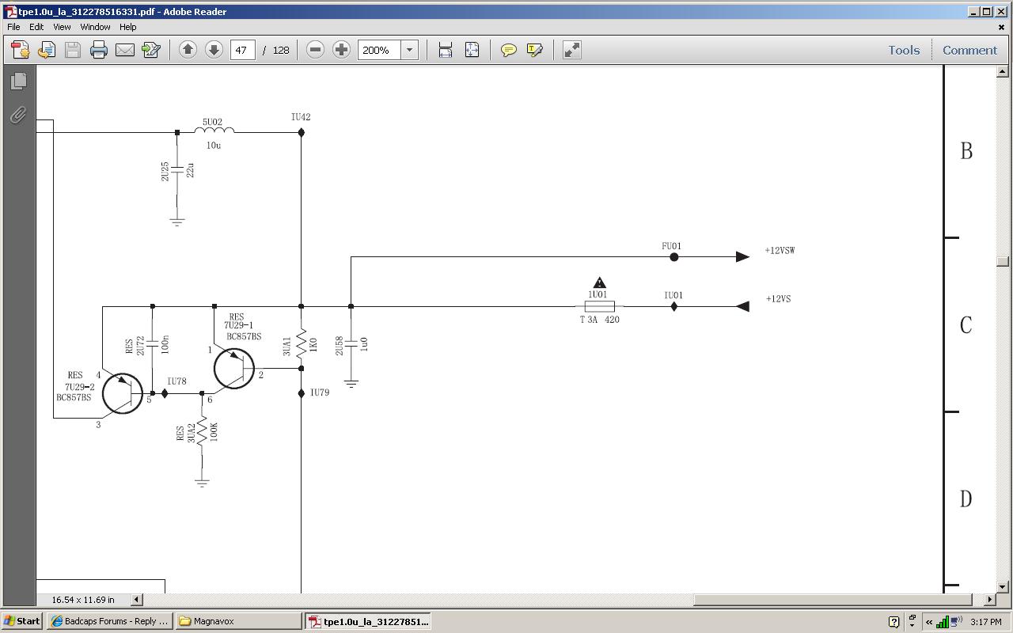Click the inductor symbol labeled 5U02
click(214, 131)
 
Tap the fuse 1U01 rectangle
click(599, 306)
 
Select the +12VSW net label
click(780, 251)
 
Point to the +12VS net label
click(778, 299)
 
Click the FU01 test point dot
click(673, 257)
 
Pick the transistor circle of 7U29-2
click(123, 393)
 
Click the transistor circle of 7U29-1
click(233, 369)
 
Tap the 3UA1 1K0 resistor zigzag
click(302, 343)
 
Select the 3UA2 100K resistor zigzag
click(202, 432)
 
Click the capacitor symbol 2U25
click(176, 170)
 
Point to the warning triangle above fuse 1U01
click(599, 282)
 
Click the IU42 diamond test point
click(302, 132)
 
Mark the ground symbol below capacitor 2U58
click(351, 385)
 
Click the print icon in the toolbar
click(99, 50)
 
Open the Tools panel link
click(904, 50)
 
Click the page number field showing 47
click(242, 50)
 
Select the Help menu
click(128, 27)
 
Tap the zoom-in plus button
click(341, 50)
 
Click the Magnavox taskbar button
click(238, 621)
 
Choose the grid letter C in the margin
click(966, 324)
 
